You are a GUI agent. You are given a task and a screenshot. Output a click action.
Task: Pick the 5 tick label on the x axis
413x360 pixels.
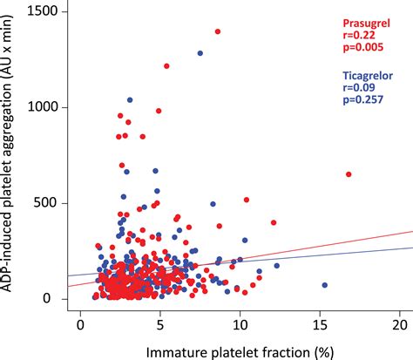[159, 323]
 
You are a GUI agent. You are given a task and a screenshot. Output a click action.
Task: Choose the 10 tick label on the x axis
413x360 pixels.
[240, 323]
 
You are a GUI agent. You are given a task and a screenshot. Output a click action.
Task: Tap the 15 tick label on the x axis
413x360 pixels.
[319, 323]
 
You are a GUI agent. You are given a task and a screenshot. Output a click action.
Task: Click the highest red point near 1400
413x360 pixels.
[218, 31]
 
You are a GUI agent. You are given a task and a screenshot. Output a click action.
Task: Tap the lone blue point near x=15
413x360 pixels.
[325, 285]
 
